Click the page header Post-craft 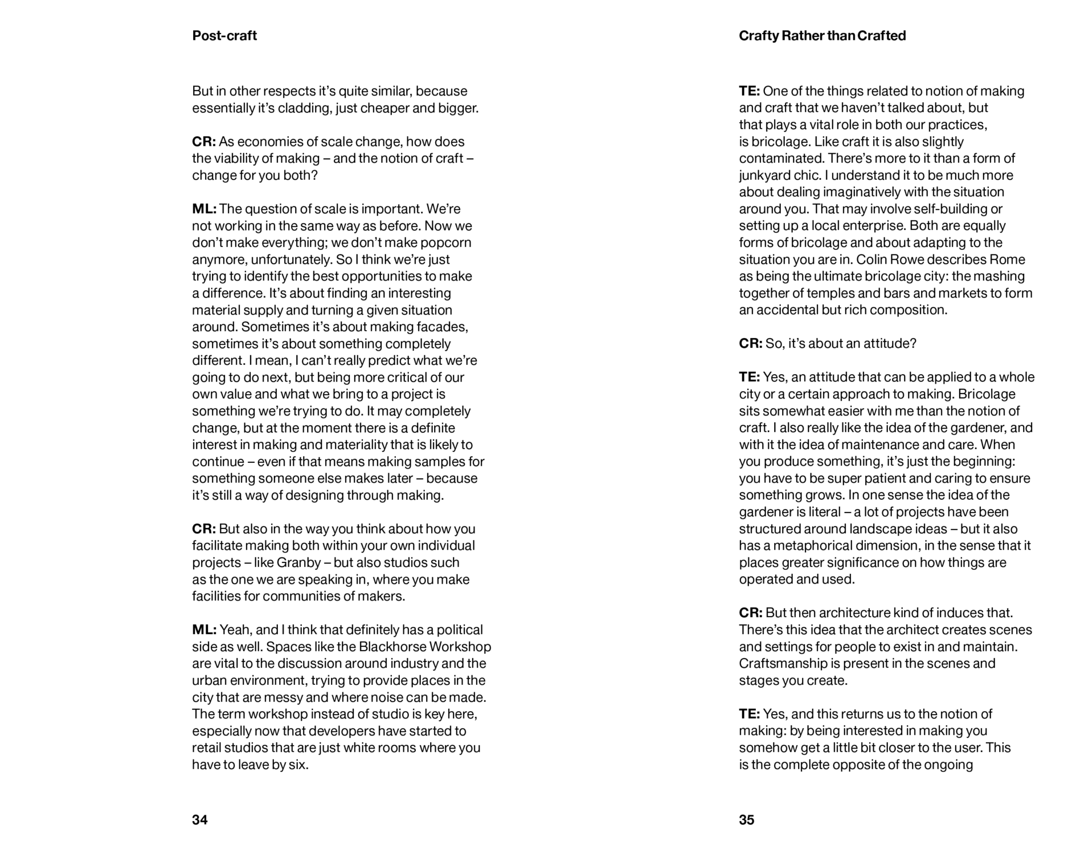224,36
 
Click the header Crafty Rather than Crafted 822,36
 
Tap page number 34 200,820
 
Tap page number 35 747,820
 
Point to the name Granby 298,563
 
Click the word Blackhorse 392,647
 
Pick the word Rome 1007,260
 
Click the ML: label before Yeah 204,630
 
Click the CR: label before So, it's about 750,344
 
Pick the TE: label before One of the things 749,92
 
